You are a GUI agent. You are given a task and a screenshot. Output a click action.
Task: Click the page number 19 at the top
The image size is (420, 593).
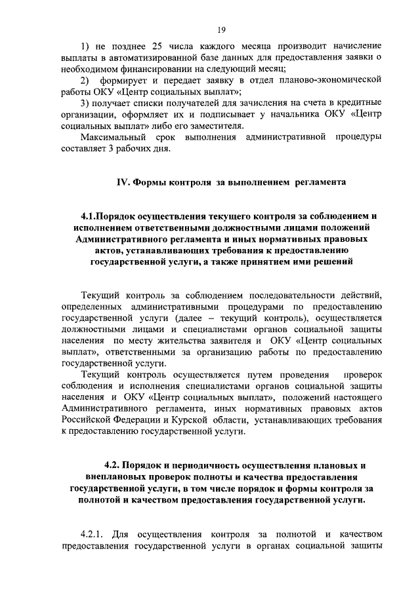coord(221,29)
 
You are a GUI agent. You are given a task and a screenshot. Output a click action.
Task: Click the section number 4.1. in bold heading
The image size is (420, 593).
coord(92,216)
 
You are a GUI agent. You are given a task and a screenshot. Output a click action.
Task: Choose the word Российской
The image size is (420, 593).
coord(91,421)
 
